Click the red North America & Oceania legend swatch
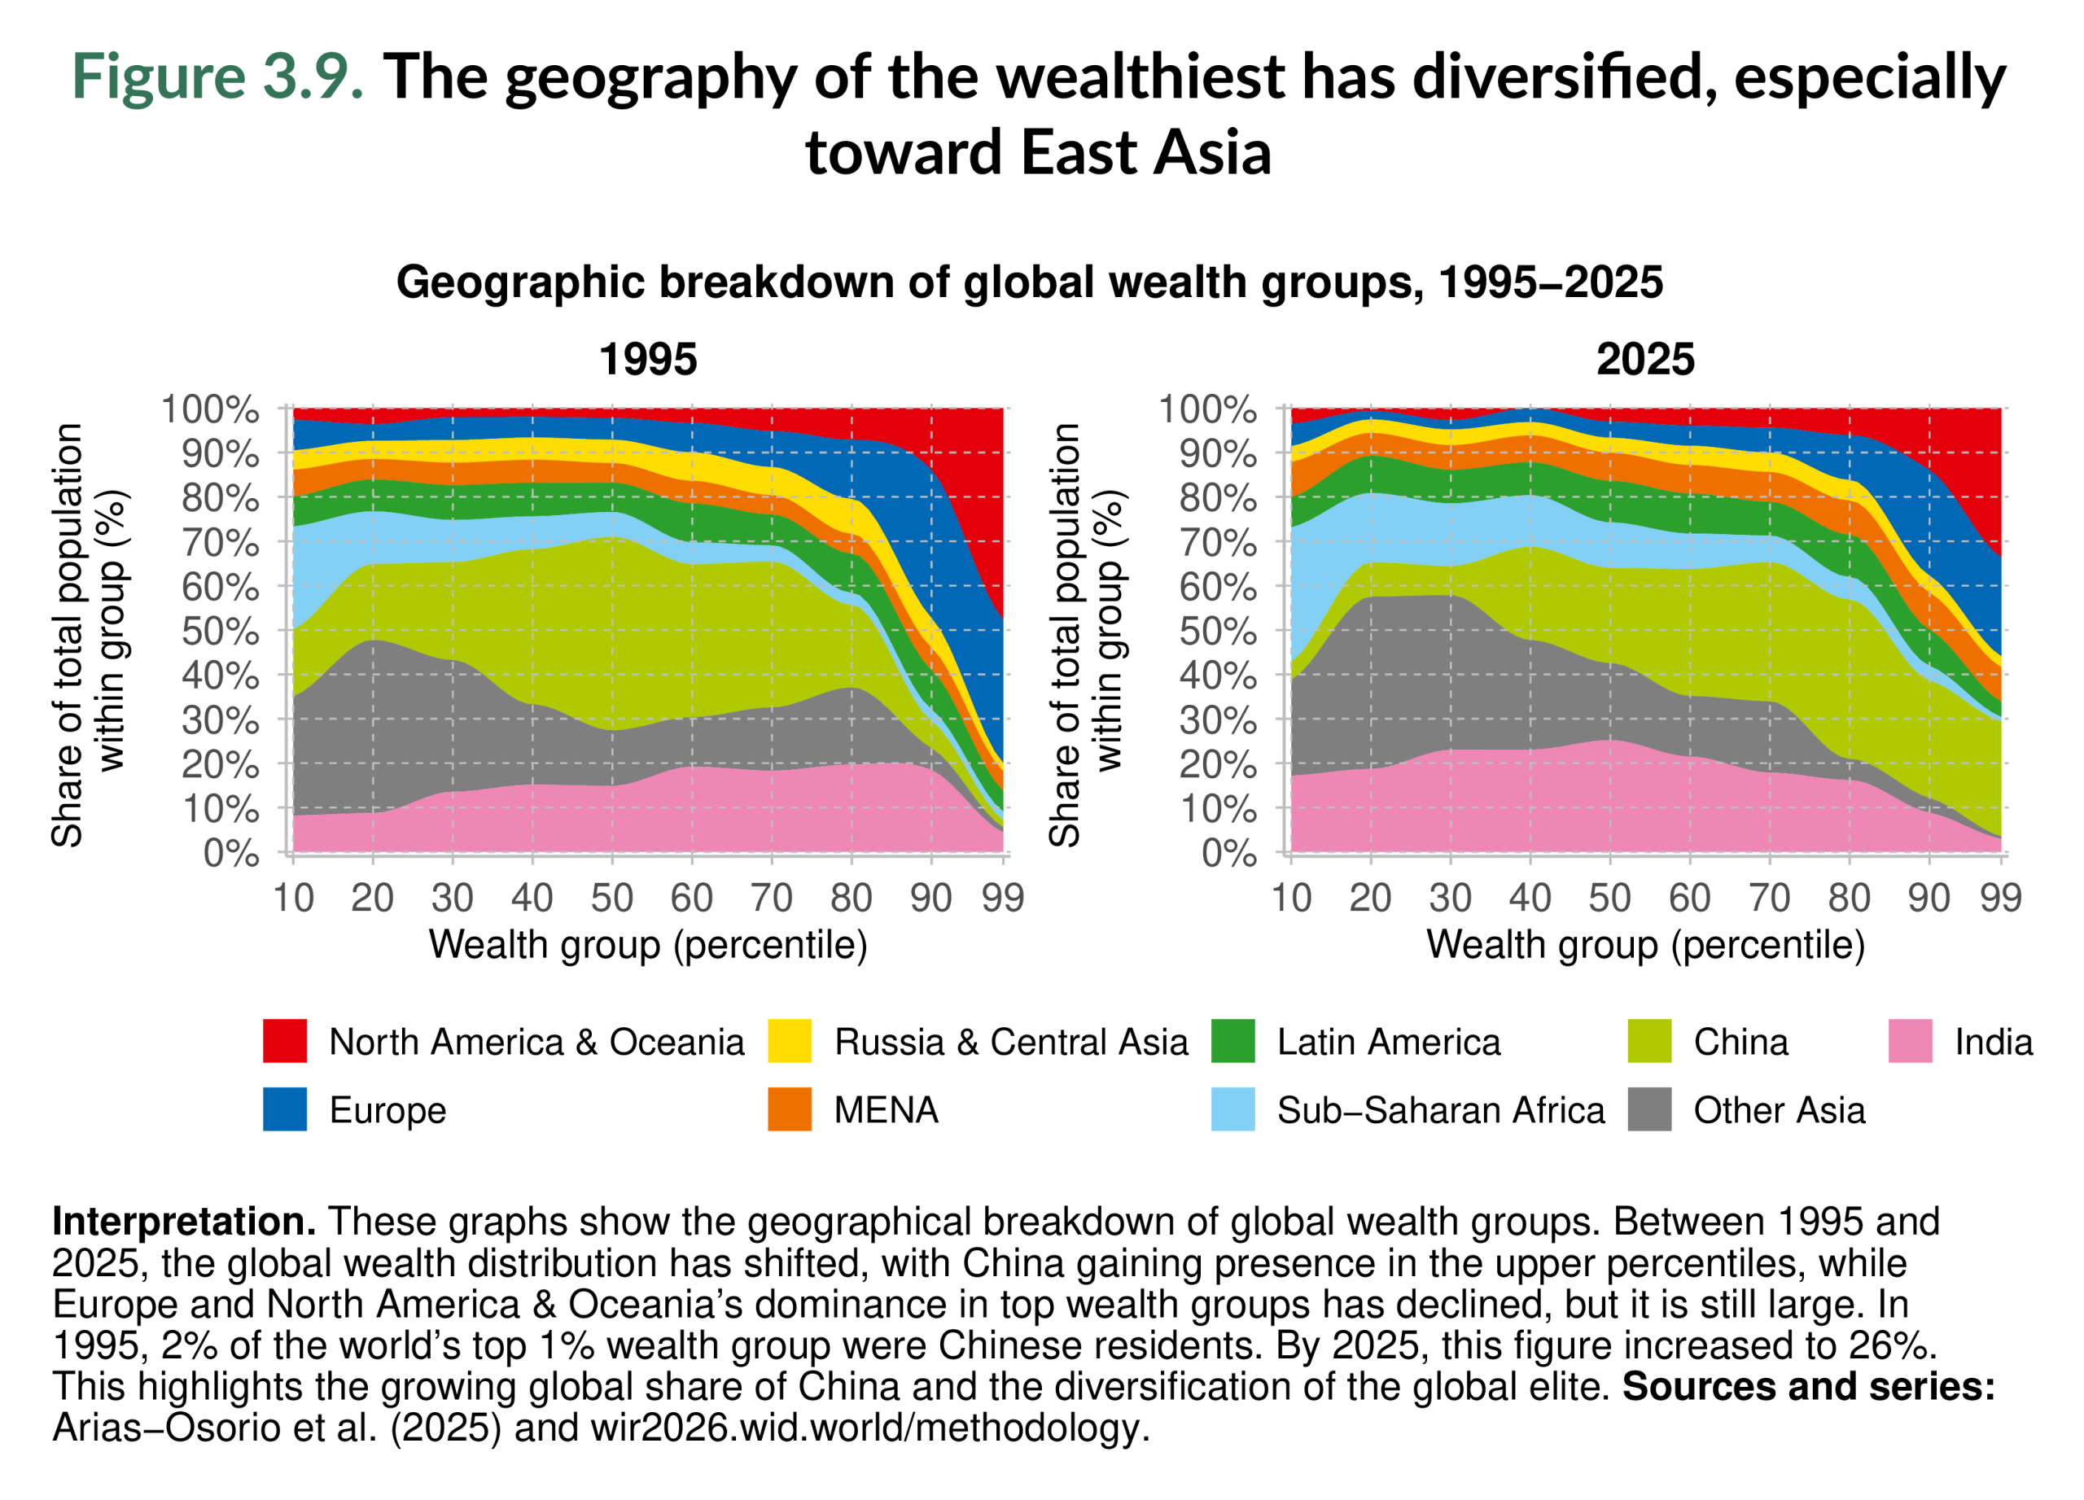(285, 1041)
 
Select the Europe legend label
(387, 1109)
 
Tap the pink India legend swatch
(1911, 1041)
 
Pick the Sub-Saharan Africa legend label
(1440, 1109)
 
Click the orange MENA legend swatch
(790, 1109)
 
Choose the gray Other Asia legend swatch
(1649, 1109)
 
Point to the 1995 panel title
(648, 359)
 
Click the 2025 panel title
(1644, 359)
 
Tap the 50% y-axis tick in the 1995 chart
(220, 632)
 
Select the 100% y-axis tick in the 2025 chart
(1206, 409)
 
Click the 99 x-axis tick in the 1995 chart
(1002, 898)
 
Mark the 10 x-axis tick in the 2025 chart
(1291, 898)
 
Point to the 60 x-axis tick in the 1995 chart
(691, 898)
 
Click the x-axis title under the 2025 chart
(1644, 944)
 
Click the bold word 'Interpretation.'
(184, 1222)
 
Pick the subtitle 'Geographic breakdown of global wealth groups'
(905, 282)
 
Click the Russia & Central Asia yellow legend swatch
(790, 1041)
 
